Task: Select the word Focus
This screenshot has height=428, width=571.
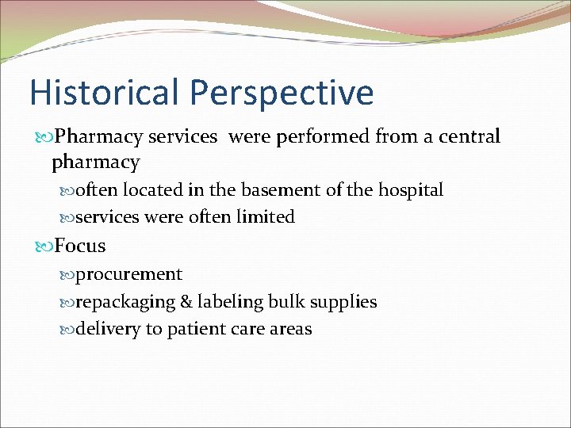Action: [80, 246]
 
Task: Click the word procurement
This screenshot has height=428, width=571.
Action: [129, 275]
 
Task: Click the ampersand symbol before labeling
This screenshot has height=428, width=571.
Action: [189, 302]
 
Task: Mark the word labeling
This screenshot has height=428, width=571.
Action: [230, 302]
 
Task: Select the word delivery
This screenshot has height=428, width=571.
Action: [108, 329]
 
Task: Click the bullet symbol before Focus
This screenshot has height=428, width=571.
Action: [45, 246]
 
